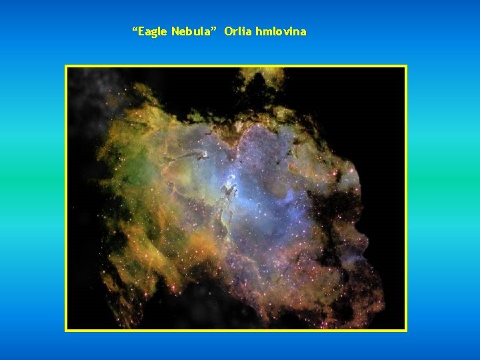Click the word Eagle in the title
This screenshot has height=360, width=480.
[x=153, y=31]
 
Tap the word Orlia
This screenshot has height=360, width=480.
[x=237, y=31]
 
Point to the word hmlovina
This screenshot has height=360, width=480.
[x=280, y=31]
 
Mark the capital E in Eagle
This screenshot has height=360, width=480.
[x=143, y=31]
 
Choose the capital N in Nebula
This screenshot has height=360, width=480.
[x=175, y=31]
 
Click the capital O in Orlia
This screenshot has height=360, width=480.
[x=229, y=31]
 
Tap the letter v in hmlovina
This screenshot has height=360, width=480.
[x=285, y=32]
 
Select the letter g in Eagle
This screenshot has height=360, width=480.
[x=156, y=33]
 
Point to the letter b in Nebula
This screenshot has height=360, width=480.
[x=192, y=31]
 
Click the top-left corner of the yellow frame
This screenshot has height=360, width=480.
[x=66, y=66]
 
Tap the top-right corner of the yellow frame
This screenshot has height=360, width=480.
[x=405, y=66]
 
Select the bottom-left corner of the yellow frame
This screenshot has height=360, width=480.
[x=66, y=330]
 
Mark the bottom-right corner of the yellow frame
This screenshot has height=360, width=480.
[x=405, y=330]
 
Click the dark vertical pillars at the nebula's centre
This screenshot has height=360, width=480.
[x=230, y=190]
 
